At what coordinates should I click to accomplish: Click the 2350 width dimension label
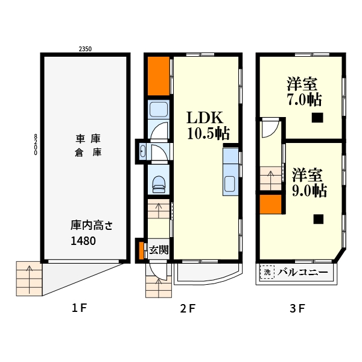(85, 49)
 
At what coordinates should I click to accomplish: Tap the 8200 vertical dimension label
(36, 145)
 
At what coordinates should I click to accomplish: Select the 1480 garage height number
(83, 241)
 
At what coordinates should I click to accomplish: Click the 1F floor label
(80, 308)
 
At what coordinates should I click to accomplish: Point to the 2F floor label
(188, 308)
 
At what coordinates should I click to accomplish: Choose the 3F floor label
(297, 308)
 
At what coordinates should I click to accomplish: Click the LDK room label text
(205, 118)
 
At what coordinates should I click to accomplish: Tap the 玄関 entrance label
(159, 250)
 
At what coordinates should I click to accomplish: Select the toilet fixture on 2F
(159, 184)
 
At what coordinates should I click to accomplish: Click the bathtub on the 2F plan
(159, 109)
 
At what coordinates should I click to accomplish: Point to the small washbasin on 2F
(143, 151)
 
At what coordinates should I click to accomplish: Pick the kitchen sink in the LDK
(230, 184)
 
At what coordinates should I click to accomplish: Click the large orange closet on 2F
(159, 76)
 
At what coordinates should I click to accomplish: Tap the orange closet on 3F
(270, 204)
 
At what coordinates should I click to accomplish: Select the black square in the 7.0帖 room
(317, 118)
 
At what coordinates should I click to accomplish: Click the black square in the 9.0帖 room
(319, 219)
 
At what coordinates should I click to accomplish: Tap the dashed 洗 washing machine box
(267, 272)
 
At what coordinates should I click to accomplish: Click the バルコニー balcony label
(303, 273)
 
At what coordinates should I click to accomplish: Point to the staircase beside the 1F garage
(29, 278)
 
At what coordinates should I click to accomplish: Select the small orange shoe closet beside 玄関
(141, 250)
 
